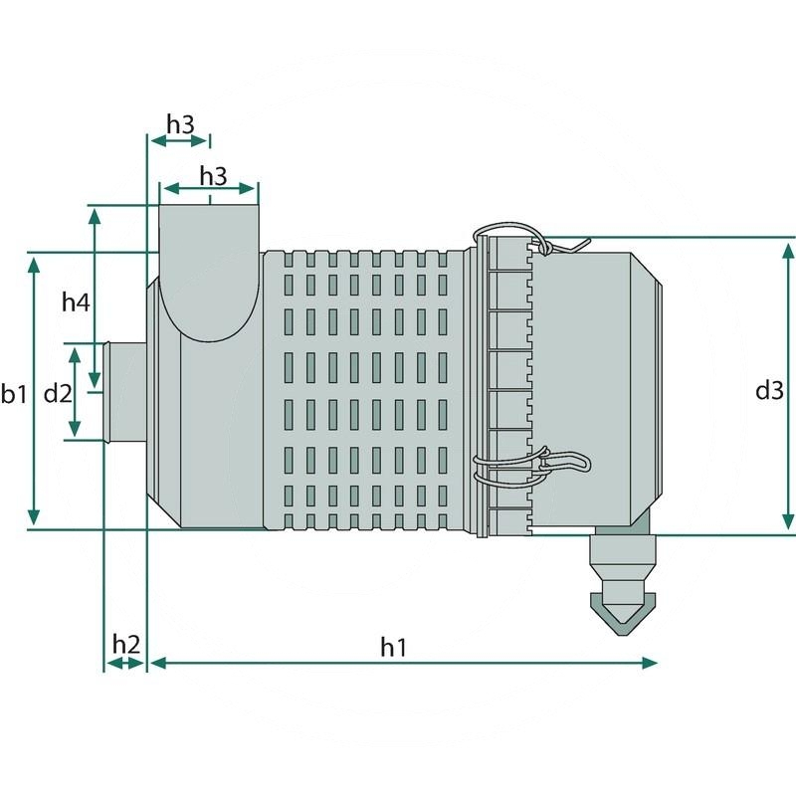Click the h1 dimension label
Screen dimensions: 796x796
point(394,647)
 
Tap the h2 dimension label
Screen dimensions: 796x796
point(125,644)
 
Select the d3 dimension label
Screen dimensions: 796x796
point(768,391)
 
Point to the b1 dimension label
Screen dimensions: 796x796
point(14,394)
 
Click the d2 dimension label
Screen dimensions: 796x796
point(58,393)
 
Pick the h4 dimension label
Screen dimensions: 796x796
point(76,301)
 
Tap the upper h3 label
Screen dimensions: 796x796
point(180,124)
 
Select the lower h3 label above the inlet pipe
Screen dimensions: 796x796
point(213,175)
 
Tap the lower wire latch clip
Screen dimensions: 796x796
point(542,463)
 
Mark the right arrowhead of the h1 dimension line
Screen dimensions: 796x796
point(651,662)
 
